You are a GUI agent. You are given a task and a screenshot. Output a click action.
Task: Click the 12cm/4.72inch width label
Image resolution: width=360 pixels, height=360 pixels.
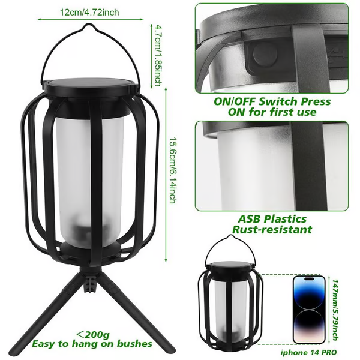click(89, 12)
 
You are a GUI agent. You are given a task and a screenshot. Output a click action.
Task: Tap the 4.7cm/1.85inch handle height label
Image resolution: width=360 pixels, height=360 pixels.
click(157, 56)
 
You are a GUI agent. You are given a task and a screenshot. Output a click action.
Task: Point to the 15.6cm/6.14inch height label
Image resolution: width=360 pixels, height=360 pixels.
click(173, 170)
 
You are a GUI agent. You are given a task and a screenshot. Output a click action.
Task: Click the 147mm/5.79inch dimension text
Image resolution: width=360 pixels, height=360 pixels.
click(335, 310)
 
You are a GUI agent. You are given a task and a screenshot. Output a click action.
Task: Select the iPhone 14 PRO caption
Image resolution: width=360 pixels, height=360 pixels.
click(308, 352)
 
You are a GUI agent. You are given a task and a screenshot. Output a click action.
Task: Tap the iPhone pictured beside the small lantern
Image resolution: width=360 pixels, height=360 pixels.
click(309, 310)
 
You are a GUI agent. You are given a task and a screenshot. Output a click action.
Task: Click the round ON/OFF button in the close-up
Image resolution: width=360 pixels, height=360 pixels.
click(265, 55)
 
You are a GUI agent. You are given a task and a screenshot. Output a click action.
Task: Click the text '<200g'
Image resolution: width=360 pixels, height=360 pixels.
click(93, 335)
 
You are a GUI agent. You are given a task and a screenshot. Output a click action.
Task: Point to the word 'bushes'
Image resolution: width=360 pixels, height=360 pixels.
click(134, 344)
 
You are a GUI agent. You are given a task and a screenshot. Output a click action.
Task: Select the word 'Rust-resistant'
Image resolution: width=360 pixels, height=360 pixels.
click(272, 229)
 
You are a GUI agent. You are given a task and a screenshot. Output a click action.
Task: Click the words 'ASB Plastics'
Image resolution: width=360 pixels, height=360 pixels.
click(272, 219)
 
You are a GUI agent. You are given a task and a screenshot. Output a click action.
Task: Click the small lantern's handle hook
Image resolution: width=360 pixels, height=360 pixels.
click(230, 236)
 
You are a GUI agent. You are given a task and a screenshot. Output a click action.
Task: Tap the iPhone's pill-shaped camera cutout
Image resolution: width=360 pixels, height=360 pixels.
click(309, 279)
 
